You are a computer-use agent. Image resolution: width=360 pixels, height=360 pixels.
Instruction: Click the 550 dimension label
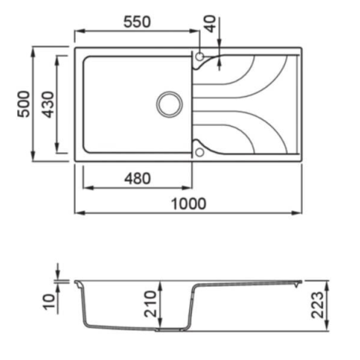[137, 22]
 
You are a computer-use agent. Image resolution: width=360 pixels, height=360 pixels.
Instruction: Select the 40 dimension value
[211, 24]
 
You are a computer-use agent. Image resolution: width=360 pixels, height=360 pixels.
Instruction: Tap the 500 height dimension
[24, 104]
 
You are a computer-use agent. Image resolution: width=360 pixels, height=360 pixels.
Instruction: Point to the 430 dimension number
[47, 104]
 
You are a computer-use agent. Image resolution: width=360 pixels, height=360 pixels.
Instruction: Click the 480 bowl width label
[137, 178]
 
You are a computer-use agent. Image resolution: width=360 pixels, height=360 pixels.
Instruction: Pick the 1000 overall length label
[189, 204]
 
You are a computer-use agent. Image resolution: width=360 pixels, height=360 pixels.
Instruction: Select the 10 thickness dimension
[49, 302]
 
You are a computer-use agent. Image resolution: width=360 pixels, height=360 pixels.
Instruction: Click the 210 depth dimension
[151, 304]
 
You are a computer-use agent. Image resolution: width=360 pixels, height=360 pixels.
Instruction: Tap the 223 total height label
[317, 305]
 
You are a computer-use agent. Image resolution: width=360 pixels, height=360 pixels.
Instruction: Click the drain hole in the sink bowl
[169, 104]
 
